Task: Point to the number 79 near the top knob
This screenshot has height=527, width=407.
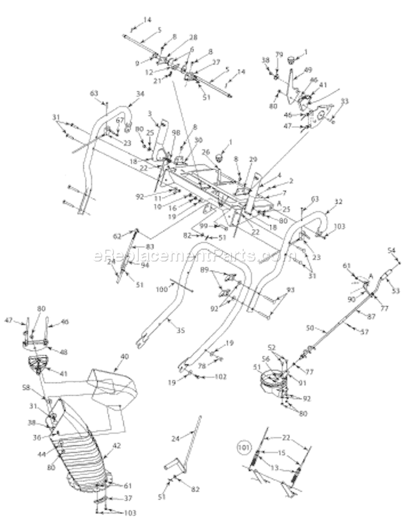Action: tap(279, 54)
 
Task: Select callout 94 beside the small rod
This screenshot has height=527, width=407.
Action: tap(145, 265)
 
